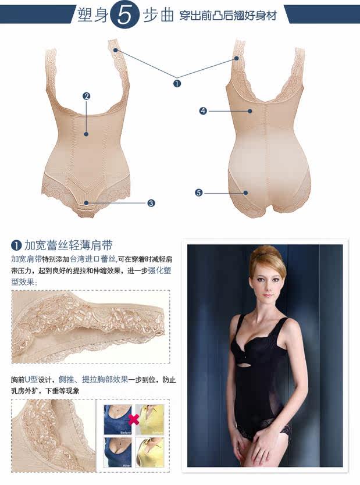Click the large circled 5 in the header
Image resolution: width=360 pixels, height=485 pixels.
coord(126,16)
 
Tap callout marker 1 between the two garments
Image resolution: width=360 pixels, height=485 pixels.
coord(177,83)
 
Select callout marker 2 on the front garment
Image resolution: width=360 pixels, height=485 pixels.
coord(86,96)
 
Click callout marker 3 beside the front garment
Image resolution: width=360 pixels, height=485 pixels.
coord(151,203)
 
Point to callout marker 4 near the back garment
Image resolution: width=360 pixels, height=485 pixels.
coord(203,110)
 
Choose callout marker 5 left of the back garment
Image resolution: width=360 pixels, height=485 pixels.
coord(199,192)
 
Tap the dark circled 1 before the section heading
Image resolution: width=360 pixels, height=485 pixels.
coord(17,245)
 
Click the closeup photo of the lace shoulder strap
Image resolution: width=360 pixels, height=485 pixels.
coord(91,326)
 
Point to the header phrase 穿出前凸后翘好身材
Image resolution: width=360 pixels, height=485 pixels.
coord(227,16)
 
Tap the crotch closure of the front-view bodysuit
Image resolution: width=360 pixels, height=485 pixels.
coord(86,205)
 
